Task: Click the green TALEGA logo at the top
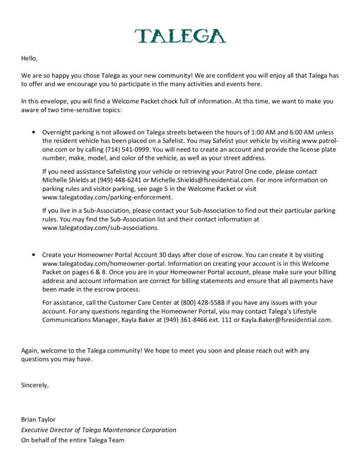pos(180,36)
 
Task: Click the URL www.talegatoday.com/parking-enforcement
pos(107,197)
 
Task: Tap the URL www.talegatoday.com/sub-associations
pos(100,228)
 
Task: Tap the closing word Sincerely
pos(35,385)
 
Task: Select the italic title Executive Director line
pos(98,430)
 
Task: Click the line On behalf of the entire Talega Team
pos(73,440)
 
